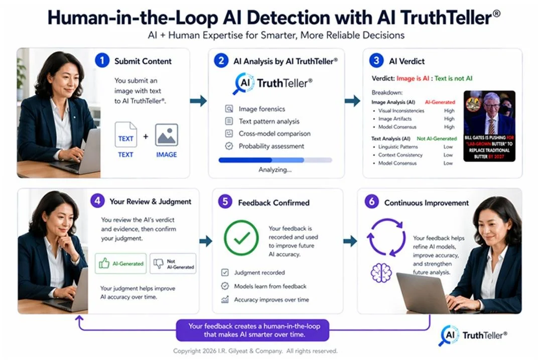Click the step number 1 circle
(102, 61)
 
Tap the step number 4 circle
(97, 201)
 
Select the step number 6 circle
(371, 203)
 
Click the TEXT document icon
(126, 135)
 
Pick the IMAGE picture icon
(166, 135)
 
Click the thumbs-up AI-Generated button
(121, 263)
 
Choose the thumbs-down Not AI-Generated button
(173, 263)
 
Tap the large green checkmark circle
(241, 238)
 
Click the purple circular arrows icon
(386, 236)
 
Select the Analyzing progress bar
(275, 160)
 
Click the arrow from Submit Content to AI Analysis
(199, 101)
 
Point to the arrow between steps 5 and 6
(350, 241)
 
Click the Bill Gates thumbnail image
(489, 126)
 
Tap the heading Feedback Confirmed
(274, 203)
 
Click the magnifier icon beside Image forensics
(229, 109)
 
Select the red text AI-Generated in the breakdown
(440, 102)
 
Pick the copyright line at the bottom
(255, 351)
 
